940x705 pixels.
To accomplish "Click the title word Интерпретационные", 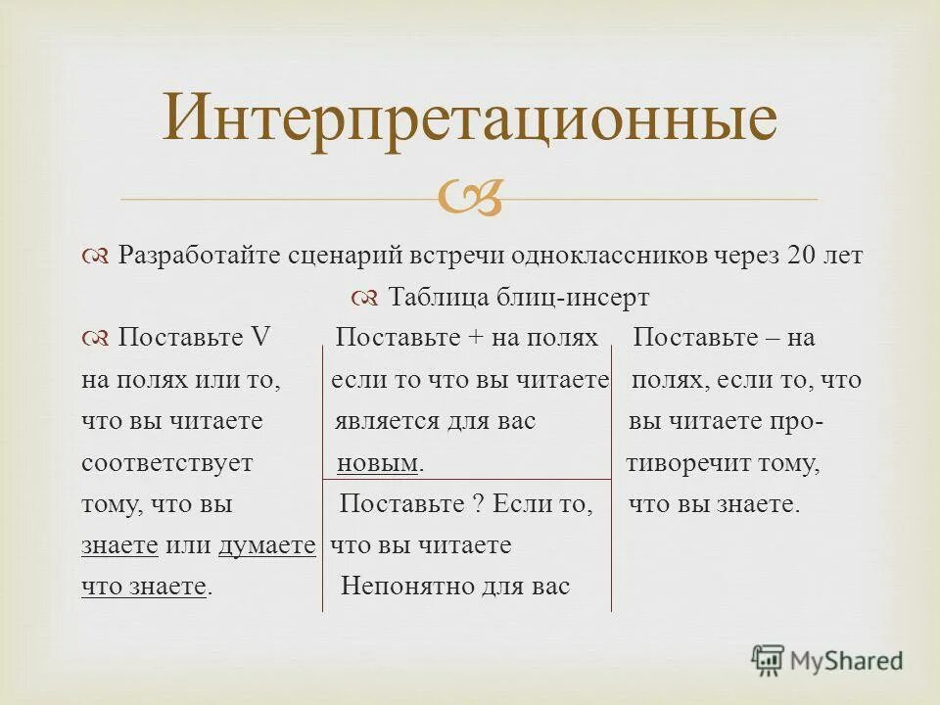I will coord(470,119).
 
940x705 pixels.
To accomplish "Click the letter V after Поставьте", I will coord(259,338).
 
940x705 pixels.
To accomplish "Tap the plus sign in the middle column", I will coord(477,338).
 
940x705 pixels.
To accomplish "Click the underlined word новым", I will coord(377,464).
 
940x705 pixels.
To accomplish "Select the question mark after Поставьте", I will coord(478,505).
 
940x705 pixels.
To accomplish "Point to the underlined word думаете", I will coord(267,546).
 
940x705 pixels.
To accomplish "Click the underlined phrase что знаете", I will coord(145,587).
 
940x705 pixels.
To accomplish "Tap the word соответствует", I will coord(167,464).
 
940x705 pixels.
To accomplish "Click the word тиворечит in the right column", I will coord(688,464).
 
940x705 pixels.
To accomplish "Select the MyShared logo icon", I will coord(769,660).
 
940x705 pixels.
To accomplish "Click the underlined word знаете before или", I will coord(119,546).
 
